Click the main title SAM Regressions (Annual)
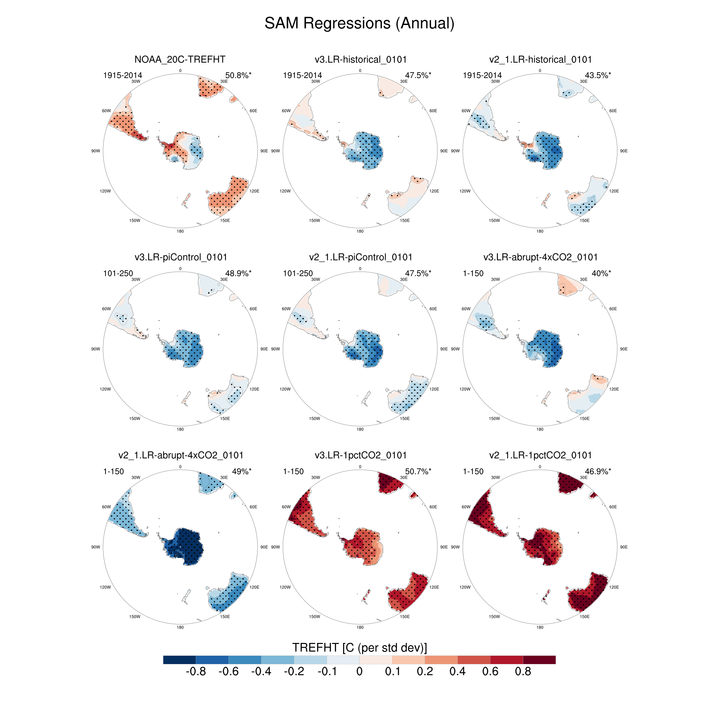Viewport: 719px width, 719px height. click(359, 23)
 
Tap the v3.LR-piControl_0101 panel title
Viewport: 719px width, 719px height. click(181, 257)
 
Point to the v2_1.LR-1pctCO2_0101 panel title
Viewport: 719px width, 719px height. click(540, 455)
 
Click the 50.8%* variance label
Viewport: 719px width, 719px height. click(238, 75)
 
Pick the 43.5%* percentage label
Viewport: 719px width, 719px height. click(598, 75)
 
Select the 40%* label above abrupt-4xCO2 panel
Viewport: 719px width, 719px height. click(601, 273)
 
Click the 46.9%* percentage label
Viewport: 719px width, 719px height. click(598, 471)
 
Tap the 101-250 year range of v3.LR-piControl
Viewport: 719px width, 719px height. click(118, 273)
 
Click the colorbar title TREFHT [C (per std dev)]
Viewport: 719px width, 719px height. click(359, 647)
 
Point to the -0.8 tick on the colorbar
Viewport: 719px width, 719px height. click(196, 672)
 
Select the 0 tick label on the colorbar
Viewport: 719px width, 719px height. click(359, 672)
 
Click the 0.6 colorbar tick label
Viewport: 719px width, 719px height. click(490, 672)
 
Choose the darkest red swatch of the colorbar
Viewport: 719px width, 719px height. click(539, 660)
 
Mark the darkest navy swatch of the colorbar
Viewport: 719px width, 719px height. click(179, 660)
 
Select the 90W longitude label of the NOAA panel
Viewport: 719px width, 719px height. click(96, 151)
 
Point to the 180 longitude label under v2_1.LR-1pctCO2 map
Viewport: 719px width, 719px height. click(540, 628)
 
